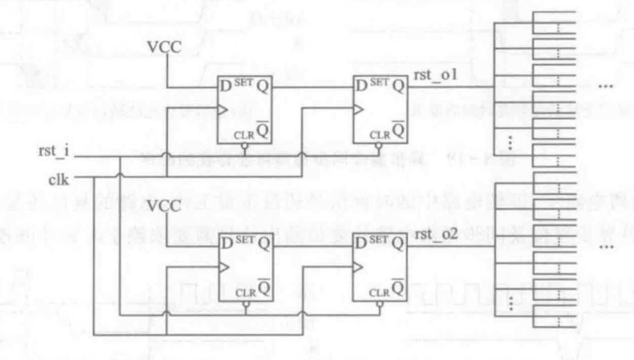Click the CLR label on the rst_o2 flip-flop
point(381,291)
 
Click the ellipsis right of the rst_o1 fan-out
point(606,89)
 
